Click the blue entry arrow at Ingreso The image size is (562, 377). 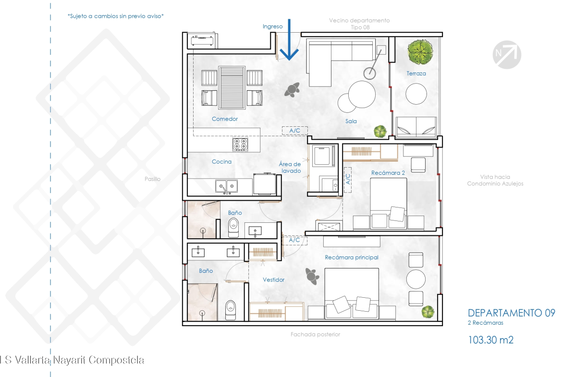[289, 39]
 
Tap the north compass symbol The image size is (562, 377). [507, 54]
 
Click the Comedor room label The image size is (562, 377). [225, 119]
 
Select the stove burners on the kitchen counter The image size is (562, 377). [240, 145]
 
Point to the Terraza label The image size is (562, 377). [416, 73]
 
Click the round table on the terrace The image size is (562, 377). [416, 94]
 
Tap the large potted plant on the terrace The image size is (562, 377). [420, 52]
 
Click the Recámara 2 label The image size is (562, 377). [388, 173]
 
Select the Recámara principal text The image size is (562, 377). [352, 257]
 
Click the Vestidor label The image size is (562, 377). [273, 280]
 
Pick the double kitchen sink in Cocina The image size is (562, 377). [226, 186]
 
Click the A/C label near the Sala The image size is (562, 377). [294, 131]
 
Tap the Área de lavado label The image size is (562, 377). [290, 167]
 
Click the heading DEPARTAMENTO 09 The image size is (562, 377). [512, 313]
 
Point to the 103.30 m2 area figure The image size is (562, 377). [491, 340]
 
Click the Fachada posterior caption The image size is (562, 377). [316, 334]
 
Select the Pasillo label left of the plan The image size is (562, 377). [152, 179]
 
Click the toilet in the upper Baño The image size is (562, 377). [233, 228]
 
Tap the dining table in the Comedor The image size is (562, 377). [232, 88]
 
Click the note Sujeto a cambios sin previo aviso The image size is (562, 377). [115, 16]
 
